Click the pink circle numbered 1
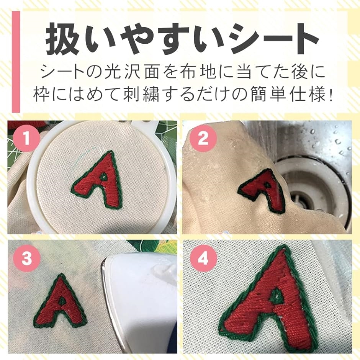[26, 138]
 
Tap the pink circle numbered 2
[203, 138]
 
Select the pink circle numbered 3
[27, 258]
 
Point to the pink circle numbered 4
[203, 258]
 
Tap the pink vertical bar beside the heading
[16, 62]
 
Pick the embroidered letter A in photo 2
[262, 190]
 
